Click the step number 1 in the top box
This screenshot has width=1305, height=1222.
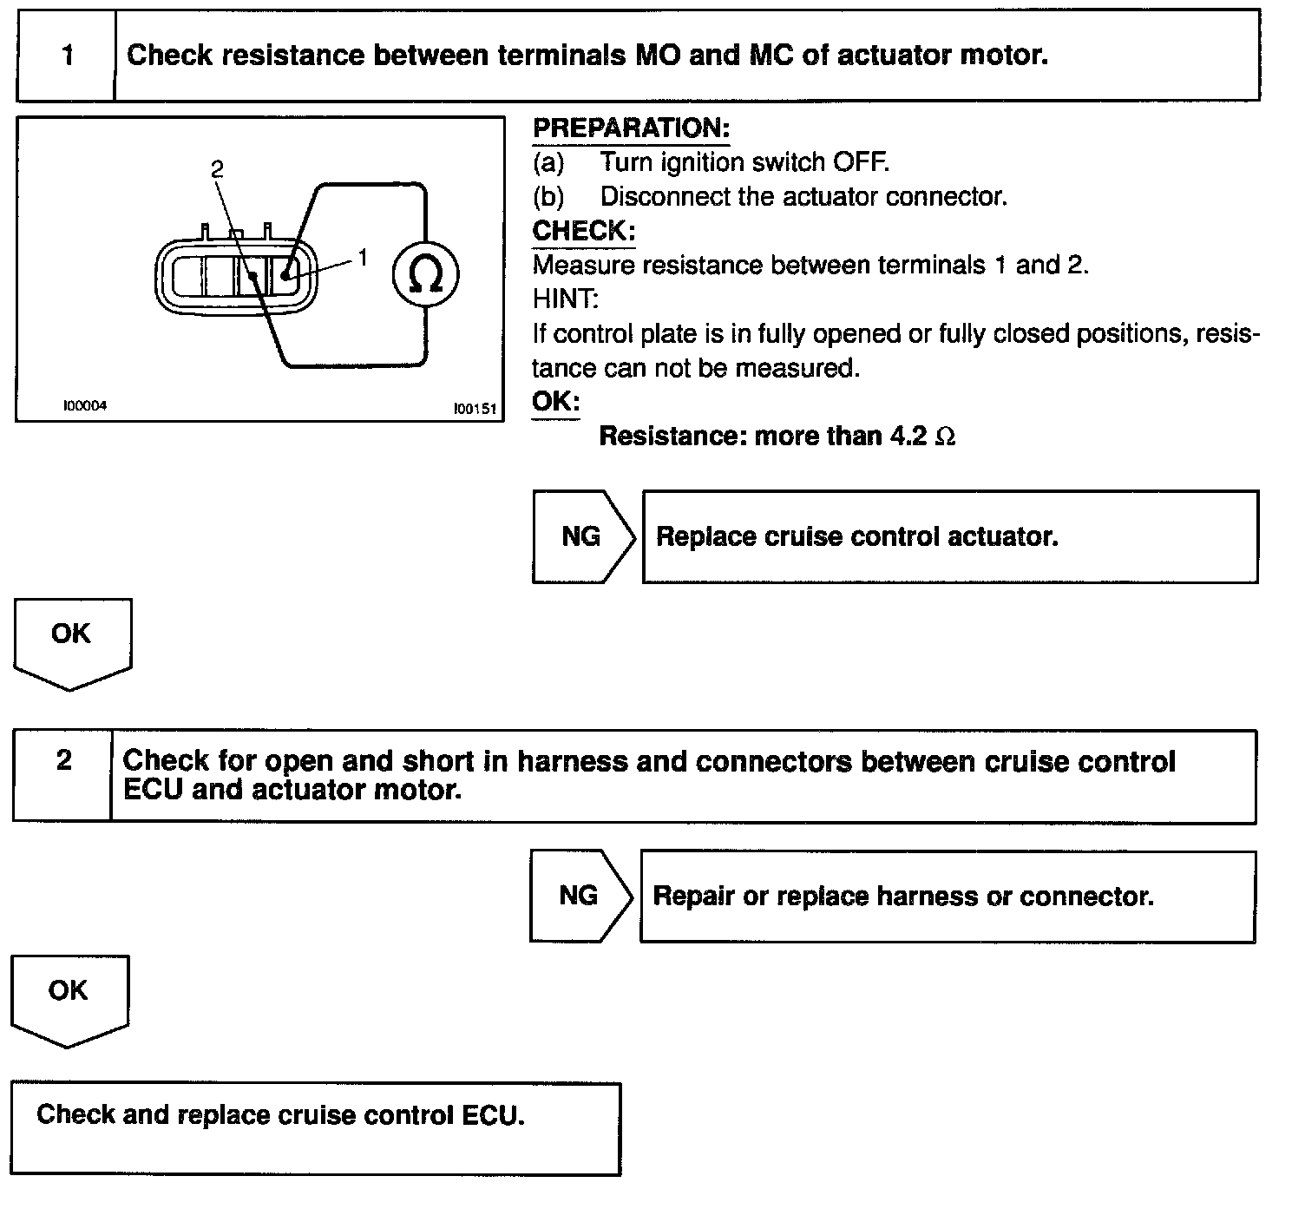tap(67, 56)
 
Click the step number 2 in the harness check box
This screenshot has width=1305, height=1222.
tap(63, 761)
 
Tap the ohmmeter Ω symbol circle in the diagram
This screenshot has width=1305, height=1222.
tap(425, 275)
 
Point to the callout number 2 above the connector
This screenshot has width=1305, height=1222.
tap(217, 168)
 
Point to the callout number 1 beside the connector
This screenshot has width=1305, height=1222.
tap(363, 257)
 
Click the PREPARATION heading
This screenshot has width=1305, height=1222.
tap(631, 128)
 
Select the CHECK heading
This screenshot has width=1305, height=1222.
tap(583, 231)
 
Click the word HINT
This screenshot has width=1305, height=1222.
tap(565, 299)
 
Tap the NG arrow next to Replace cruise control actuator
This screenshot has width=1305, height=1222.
tap(581, 536)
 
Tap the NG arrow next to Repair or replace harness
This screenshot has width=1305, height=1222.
tap(579, 896)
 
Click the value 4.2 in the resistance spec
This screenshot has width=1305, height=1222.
tap(909, 436)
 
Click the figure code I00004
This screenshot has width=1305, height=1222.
tap(84, 405)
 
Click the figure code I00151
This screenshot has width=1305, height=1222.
tap(475, 409)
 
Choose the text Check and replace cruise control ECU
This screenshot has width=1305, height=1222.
tap(280, 1114)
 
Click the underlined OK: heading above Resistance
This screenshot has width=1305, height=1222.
tap(555, 402)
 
